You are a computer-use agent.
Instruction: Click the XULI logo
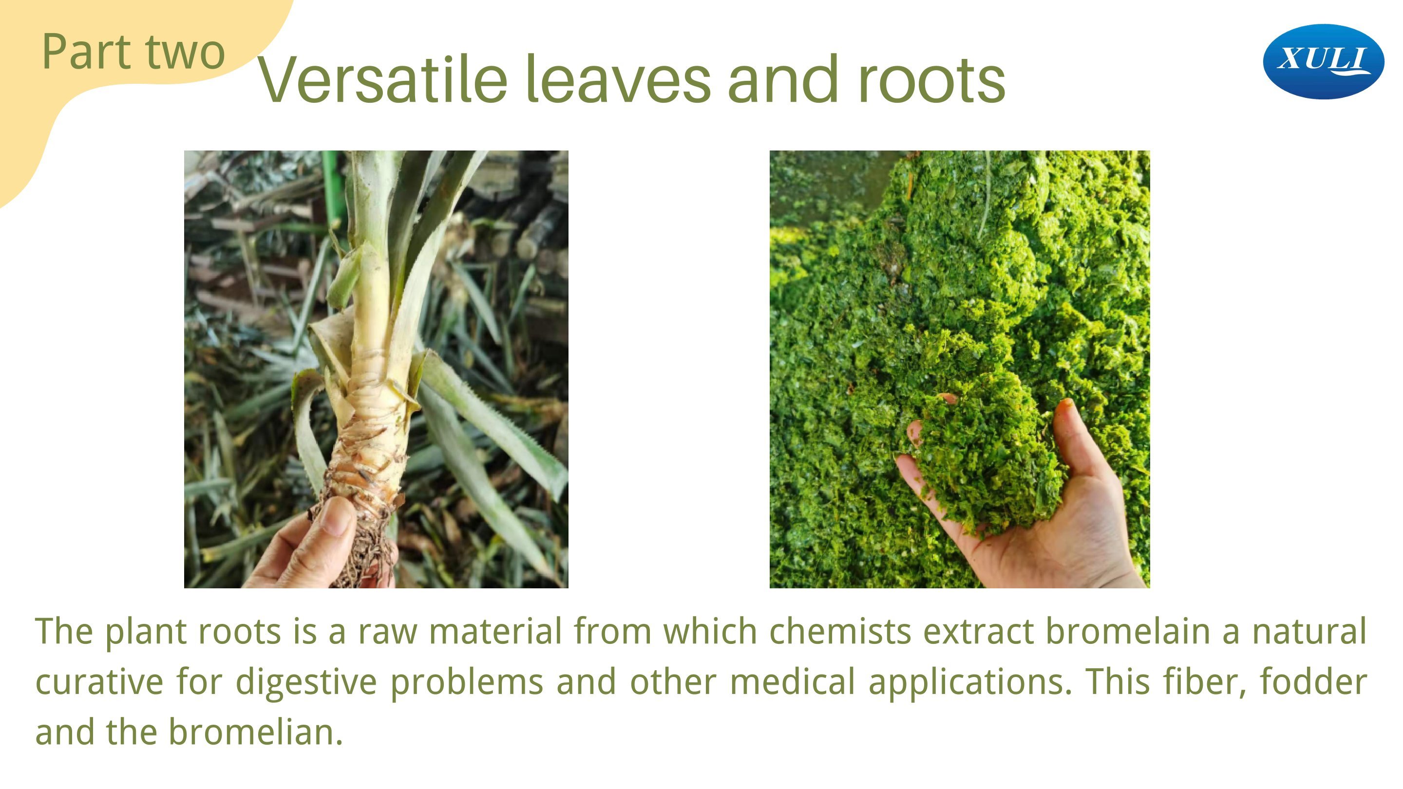1323,61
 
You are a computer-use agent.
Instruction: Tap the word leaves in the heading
618,80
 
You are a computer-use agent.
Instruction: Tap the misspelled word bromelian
256,733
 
